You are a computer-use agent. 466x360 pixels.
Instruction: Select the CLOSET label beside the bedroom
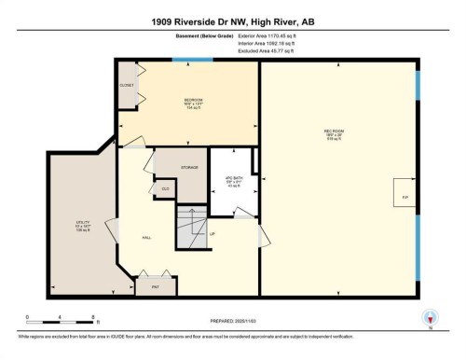(127, 85)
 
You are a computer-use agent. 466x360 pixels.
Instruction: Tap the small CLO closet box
(166, 188)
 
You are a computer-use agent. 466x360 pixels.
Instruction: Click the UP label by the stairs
(212, 233)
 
